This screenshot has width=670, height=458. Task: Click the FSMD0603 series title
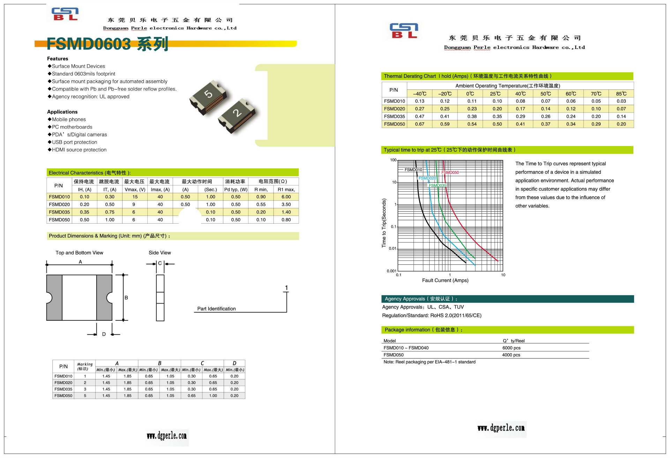point(107,44)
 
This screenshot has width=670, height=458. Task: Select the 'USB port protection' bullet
point(74,142)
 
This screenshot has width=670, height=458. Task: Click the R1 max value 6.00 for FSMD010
point(286,197)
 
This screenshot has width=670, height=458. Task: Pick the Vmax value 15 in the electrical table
point(135,197)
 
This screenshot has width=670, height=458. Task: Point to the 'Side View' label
point(159,253)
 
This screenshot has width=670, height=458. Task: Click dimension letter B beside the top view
point(126,298)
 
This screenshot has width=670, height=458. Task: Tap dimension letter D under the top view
point(104,334)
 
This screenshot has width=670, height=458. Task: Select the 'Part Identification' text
point(216,309)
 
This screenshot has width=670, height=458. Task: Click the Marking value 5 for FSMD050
point(85,396)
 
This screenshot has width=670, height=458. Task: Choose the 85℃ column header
point(621,94)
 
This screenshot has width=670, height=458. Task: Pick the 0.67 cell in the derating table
point(419,124)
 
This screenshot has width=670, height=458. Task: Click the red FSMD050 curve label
point(450,172)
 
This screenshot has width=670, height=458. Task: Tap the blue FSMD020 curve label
point(427,178)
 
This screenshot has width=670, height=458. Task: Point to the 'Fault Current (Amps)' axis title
point(445,281)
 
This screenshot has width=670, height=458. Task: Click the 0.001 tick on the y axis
point(391,271)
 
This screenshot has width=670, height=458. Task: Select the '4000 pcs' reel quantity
point(511,355)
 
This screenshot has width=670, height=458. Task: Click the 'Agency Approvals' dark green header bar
point(507,299)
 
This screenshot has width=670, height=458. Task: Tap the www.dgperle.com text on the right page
point(501,428)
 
